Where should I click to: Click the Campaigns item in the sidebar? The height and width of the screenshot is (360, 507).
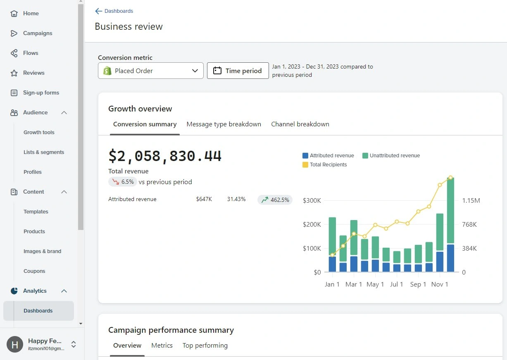pyautogui.click(x=38, y=33)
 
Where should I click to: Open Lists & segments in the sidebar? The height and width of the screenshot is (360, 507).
pyautogui.click(x=44, y=152)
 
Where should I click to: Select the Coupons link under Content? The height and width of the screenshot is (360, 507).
pyautogui.click(x=34, y=271)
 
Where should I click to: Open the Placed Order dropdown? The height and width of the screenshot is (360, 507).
pyautogui.click(x=150, y=71)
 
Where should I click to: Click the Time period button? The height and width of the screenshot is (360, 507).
pyautogui.click(x=238, y=71)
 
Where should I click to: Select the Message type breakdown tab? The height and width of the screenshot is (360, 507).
pyautogui.click(x=224, y=124)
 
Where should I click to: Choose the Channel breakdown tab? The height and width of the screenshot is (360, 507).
pyautogui.click(x=300, y=124)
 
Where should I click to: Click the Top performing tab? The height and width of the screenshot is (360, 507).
pyautogui.click(x=205, y=345)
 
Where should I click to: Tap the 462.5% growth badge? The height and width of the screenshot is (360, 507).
pyautogui.click(x=275, y=200)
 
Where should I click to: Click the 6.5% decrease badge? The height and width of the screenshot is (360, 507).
pyautogui.click(x=123, y=182)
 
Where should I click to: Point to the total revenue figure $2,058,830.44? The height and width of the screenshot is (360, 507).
pyautogui.click(x=165, y=156)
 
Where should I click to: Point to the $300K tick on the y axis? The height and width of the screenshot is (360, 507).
pyautogui.click(x=312, y=201)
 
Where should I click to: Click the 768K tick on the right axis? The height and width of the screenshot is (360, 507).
pyautogui.click(x=469, y=224)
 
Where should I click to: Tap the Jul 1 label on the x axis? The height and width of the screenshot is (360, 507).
pyautogui.click(x=396, y=284)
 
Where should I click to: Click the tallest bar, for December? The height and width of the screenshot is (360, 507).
pyautogui.click(x=450, y=215)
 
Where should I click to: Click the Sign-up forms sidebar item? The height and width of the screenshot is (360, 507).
pyautogui.click(x=41, y=92)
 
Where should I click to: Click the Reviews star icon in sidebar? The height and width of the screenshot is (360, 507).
pyautogui.click(x=14, y=73)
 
